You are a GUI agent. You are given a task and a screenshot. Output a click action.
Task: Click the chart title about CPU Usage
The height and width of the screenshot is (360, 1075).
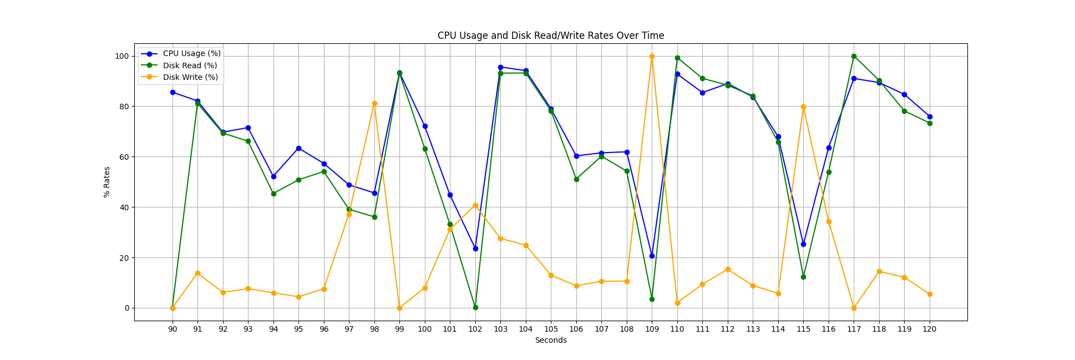tap(550, 36)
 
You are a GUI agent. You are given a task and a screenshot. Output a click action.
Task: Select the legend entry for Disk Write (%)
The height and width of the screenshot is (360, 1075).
tap(190, 77)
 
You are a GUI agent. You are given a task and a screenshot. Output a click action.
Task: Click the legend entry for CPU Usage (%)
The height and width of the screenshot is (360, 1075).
tap(191, 54)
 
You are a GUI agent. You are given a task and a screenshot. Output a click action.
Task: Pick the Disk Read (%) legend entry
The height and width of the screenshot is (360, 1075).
tap(190, 65)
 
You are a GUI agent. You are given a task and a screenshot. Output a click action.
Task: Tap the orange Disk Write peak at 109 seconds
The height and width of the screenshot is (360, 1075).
tap(652, 56)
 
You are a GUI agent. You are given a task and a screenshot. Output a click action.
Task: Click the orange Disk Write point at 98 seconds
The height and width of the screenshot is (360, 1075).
tap(374, 104)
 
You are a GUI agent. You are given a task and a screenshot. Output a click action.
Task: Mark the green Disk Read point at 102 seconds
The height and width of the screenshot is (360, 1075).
tap(475, 307)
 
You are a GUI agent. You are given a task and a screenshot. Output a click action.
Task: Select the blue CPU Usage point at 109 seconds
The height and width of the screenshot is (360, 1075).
tap(652, 256)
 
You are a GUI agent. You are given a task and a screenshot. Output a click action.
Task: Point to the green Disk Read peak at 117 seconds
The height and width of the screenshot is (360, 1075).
tap(854, 56)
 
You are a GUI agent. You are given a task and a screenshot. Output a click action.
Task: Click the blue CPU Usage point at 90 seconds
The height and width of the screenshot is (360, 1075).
tap(173, 92)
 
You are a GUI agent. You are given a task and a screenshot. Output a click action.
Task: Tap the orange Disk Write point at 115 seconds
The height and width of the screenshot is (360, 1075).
tap(803, 107)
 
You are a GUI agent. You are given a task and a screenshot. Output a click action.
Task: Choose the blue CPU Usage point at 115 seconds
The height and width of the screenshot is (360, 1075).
tap(803, 244)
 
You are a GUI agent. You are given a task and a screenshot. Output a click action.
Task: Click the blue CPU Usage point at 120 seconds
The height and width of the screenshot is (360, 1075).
tap(930, 116)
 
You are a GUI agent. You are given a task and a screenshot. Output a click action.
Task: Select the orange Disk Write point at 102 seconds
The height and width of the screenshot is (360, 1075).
tap(475, 205)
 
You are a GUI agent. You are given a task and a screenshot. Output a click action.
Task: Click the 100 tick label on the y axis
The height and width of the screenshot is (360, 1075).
tap(121, 56)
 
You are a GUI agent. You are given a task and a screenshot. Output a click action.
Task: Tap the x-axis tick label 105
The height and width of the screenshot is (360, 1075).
tap(551, 329)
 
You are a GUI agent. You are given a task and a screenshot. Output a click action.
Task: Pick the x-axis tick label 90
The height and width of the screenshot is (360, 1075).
tap(173, 329)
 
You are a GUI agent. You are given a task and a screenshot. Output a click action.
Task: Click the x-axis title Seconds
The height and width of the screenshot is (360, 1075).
tap(550, 340)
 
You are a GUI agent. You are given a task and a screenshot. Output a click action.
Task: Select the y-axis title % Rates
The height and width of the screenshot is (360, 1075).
tap(107, 182)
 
